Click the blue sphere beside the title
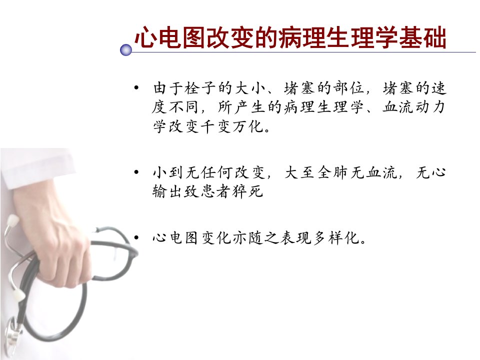126,49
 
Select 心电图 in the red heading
170,37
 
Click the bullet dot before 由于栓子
136,88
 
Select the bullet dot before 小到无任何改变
136,172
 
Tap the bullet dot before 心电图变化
136,237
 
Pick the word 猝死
248,191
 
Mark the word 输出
168,191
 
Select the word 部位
349,88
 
